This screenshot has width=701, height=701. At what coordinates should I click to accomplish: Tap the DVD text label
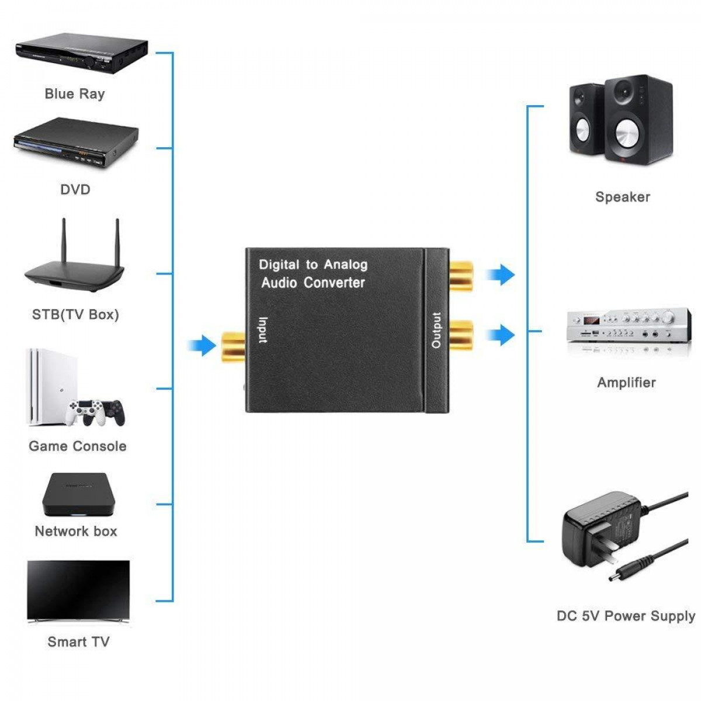pos(75,189)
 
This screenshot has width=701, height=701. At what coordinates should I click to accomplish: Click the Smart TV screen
pos(78,590)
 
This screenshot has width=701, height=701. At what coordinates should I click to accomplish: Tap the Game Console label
pos(78,446)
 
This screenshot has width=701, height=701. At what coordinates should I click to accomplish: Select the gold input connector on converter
pos(232,346)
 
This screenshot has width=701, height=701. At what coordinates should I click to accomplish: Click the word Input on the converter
pos(263,330)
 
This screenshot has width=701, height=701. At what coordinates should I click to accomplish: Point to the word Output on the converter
pos(436,331)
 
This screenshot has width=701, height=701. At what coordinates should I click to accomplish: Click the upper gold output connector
pos(461,276)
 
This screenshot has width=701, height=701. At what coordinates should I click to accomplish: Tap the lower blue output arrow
pos(501,335)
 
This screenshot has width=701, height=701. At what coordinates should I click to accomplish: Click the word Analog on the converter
pos(346,265)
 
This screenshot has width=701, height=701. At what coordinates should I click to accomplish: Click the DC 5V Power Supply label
pos(626,616)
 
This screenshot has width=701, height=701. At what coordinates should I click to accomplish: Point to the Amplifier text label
pos(626,383)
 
